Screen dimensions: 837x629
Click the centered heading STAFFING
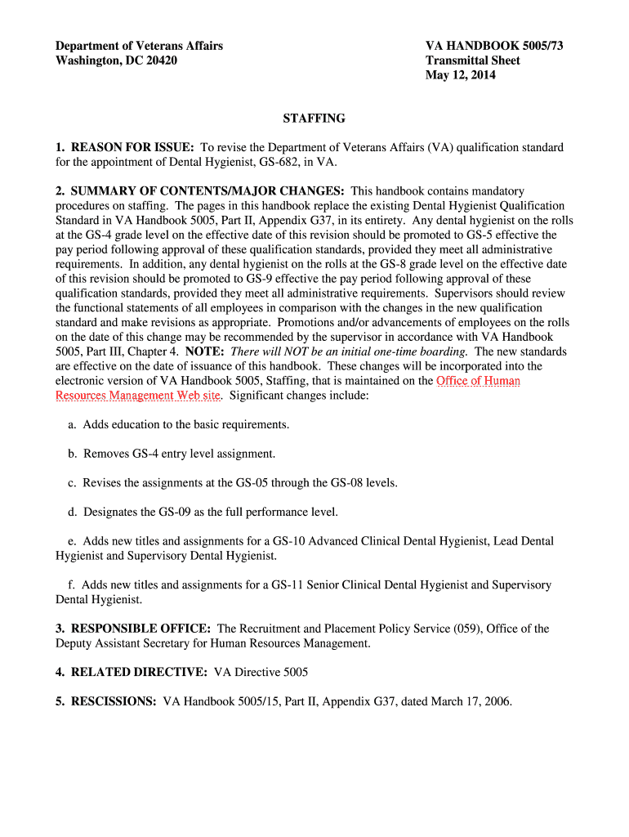(x=314, y=119)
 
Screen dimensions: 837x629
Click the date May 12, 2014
(x=460, y=76)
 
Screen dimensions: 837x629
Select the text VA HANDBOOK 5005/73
(x=493, y=46)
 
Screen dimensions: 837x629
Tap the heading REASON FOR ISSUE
(x=132, y=147)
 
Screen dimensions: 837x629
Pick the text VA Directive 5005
(x=261, y=673)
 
